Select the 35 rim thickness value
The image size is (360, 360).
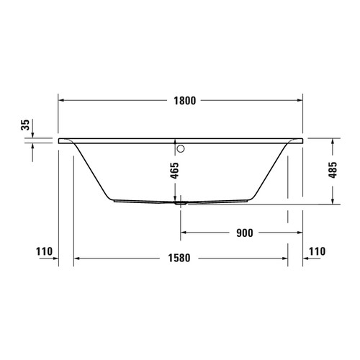[27, 125]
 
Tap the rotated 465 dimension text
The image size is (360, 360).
[176, 171]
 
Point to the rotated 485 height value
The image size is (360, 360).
[333, 171]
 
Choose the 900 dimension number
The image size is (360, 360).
[245, 233]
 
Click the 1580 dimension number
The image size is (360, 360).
[180, 257]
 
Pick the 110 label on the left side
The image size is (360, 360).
[45, 251]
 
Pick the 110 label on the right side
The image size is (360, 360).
[318, 251]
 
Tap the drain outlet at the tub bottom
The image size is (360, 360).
[180, 203]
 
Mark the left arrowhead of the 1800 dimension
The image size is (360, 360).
[61, 100]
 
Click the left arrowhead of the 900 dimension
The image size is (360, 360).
[183, 233]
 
